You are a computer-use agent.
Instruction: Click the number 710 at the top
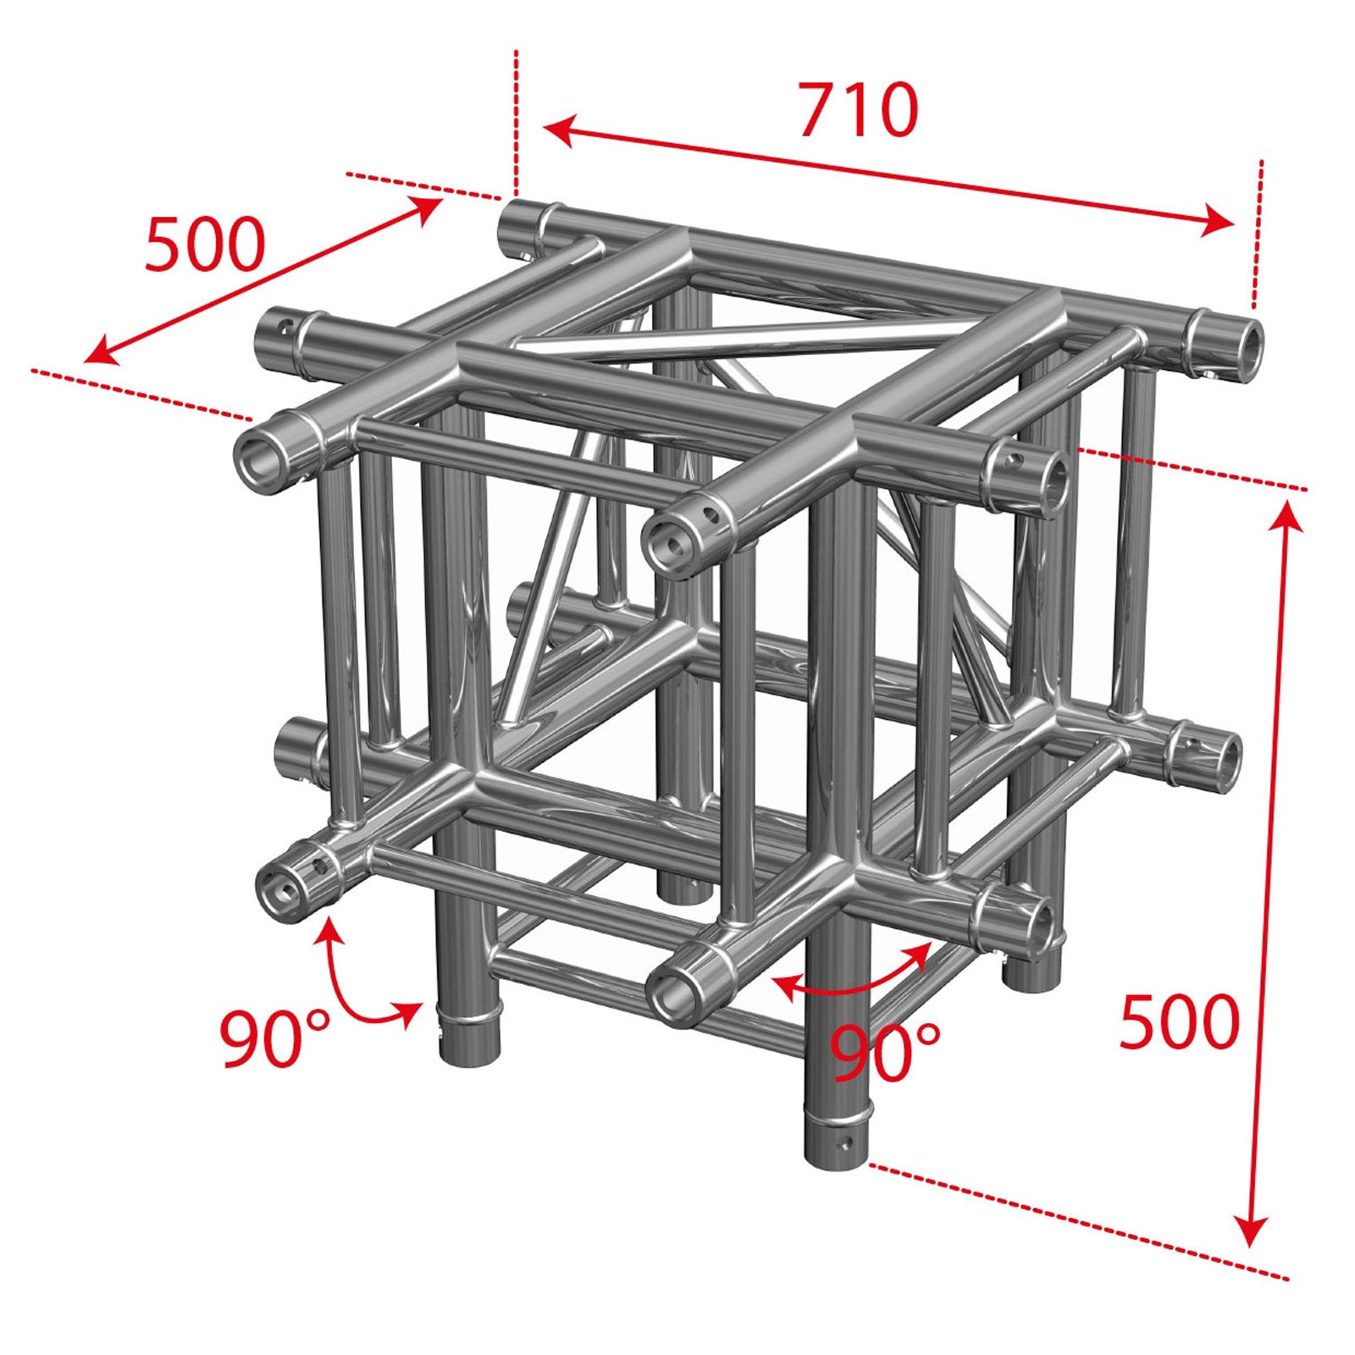click(859, 111)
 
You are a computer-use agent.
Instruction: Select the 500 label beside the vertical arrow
click(1180, 1022)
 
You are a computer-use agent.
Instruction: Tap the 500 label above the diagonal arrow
click(205, 246)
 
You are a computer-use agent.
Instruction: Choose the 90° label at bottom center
click(884, 1053)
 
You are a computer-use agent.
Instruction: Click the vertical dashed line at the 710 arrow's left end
click(516, 123)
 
